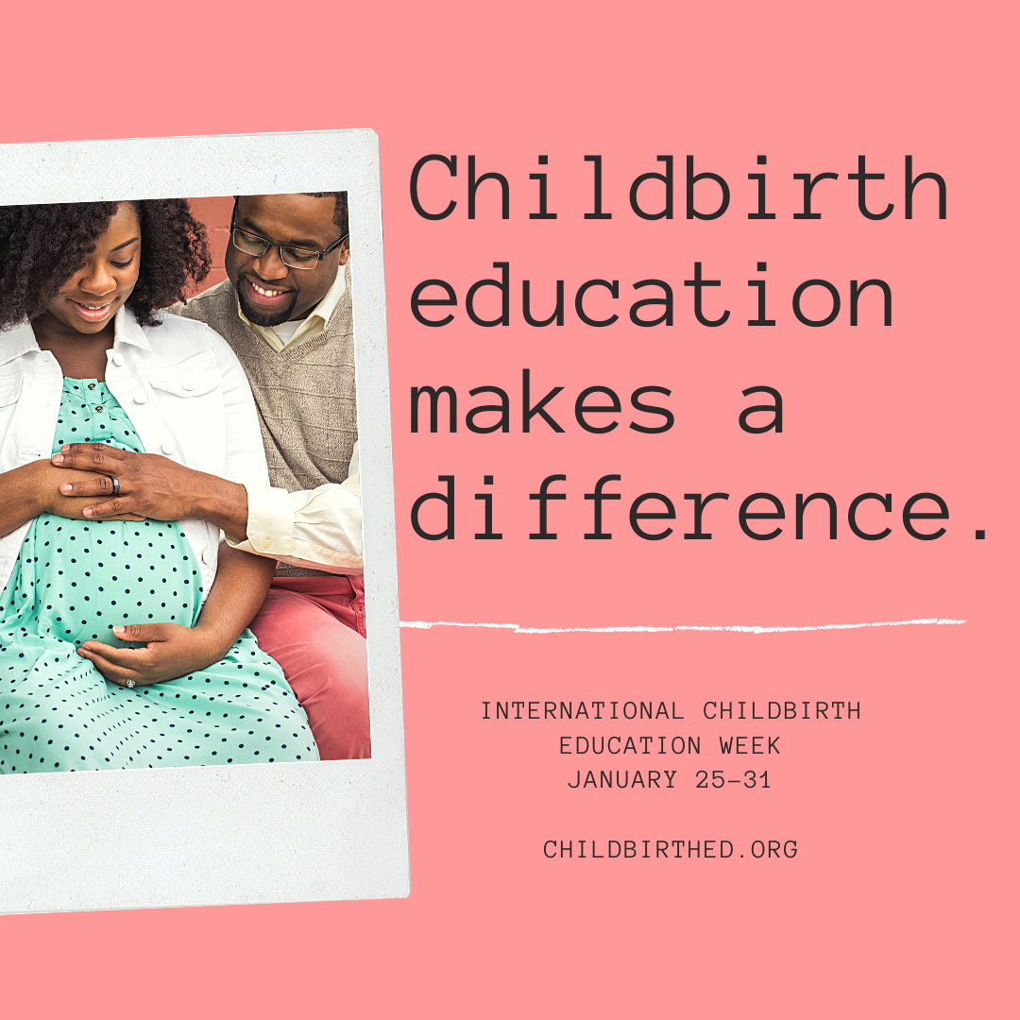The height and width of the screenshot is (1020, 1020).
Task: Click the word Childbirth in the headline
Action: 678,188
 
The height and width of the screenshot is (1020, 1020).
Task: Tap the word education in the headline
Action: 651,296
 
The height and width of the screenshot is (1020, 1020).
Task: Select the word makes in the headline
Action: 542,401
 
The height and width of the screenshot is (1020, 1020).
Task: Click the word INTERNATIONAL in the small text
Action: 582,710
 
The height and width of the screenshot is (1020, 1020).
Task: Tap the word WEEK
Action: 749,745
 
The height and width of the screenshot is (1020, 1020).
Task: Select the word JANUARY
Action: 621,779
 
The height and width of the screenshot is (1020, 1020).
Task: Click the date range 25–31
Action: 733,779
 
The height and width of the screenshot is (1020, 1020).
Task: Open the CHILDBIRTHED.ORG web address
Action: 671,849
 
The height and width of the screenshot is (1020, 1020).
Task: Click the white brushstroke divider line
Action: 683,626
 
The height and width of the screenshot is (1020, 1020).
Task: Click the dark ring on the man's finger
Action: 115,485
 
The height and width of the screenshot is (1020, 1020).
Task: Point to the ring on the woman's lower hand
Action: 130,683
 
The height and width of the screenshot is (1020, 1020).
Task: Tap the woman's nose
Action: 99,281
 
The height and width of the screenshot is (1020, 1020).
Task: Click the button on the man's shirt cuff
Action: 266,542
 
